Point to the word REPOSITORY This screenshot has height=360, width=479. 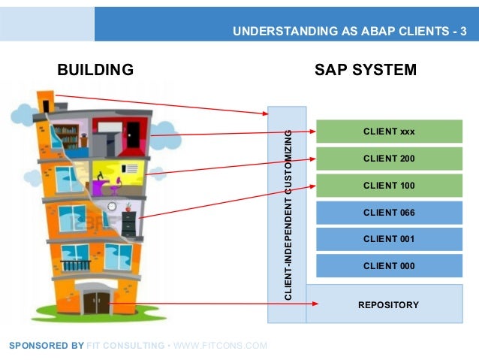(x=389, y=304)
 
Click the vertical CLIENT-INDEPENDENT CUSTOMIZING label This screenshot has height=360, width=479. (x=288, y=216)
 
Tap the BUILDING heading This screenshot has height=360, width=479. (x=95, y=71)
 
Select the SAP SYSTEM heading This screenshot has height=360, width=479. (x=366, y=71)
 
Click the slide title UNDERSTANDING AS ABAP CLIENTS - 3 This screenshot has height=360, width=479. (x=349, y=31)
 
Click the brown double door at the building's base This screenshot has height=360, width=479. (x=96, y=302)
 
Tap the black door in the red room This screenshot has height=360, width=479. (x=134, y=135)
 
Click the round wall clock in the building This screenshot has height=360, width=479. (x=112, y=205)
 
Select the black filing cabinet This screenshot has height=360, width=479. (x=129, y=223)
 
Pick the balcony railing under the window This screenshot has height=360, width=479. (x=76, y=265)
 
